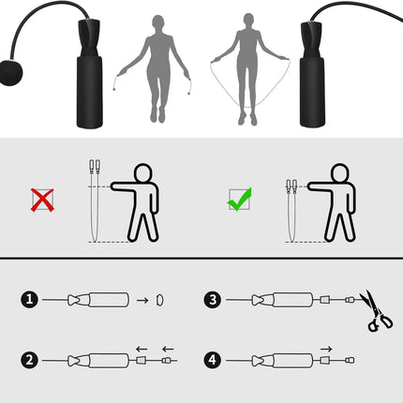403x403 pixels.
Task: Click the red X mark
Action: tap(42, 199)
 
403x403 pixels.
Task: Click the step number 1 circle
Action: tap(28, 300)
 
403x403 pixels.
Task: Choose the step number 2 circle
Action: tap(28, 359)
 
